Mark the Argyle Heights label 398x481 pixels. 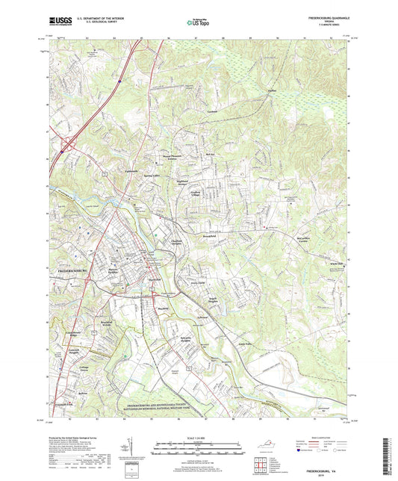pyautogui.click(x=215, y=299)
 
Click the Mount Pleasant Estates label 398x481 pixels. pyautogui.click(x=174, y=158)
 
